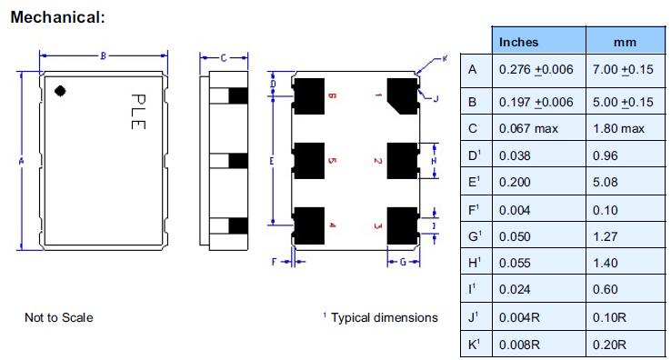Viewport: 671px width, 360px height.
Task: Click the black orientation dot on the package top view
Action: pos(60,91)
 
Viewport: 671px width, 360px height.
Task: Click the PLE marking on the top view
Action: pos(138,111)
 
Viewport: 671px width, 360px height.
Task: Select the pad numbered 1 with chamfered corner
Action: pos(402,95)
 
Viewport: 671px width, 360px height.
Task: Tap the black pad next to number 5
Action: pos(309,161)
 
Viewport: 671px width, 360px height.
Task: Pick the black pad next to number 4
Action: pos(309,225)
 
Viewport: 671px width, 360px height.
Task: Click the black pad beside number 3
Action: pos(402,225)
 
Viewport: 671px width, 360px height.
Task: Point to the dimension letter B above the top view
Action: pos(103,55)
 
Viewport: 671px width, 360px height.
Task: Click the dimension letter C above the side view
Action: pos(224,58)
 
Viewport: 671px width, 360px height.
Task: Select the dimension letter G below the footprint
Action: pos(403,262)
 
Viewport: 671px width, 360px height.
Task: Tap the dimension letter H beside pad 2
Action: pos(434,161)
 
